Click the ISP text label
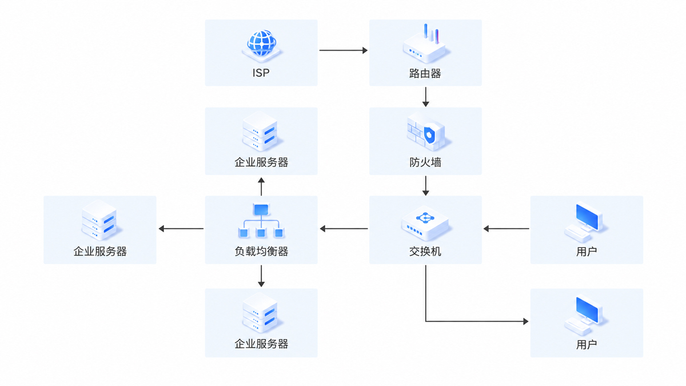pyautogui.click(x=261, y=73)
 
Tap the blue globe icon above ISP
pyautogui.click(x=261, y=43)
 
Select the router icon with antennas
pyautogui.click(x=425, y=43)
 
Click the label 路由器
pyautogui.click(x=425, y=74)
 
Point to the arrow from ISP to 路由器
pyautogui.click(x=344, y=50)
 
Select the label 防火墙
pyautogui.click(x=425, y=162)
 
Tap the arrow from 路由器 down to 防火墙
pyautogui.click(x=425, y=97)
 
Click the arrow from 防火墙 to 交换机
pyautogui.click(x=425, y=186)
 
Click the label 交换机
pyautogui.click(x=425, y=252)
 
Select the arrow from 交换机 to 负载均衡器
pyautogui.click(x=344, y=229)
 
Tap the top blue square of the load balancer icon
pyautogui.click(x=261, y=209)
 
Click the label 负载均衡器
pyautogui.click(x=261, y=252)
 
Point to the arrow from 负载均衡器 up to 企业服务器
pyautogui.click(x=261, y=186)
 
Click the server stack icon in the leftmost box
pyautogui.click(x=100, y=221)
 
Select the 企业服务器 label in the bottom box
pyautogui.click(x=261, y=344)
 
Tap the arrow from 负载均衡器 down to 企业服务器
pyautogui.click(x=261, y=276)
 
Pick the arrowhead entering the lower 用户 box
pyautogui.click(x=526, y=321)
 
